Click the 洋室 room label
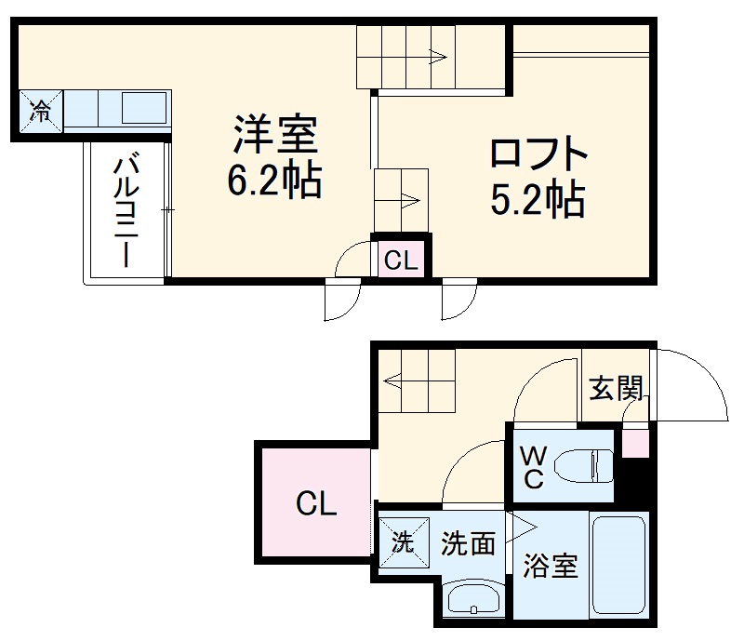275,136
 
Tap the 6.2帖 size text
275,180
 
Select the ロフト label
539,154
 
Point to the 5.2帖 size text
539,198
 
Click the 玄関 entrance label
617,387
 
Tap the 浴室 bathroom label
550,565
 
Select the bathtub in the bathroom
618,565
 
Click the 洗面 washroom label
468,543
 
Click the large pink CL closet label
316,505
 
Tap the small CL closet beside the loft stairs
401,260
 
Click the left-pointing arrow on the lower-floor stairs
393,380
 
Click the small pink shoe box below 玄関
635,442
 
